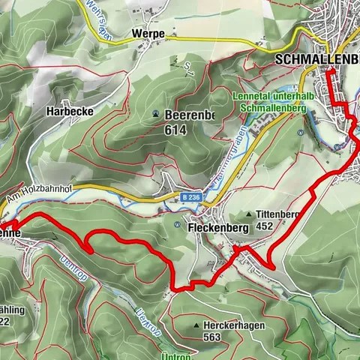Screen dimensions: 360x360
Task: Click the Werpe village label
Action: click(x=146, y=34)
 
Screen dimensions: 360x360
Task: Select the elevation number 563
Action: click(x=212, y=337)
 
